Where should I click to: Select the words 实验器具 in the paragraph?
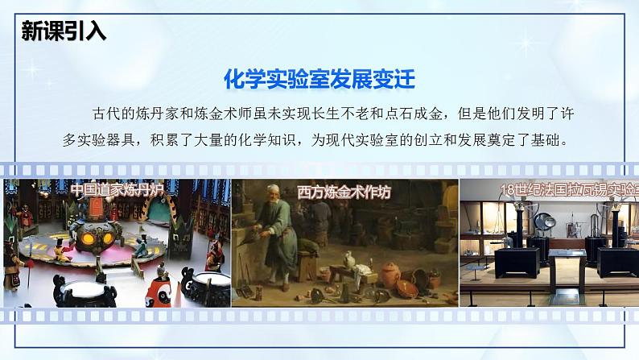109,140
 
